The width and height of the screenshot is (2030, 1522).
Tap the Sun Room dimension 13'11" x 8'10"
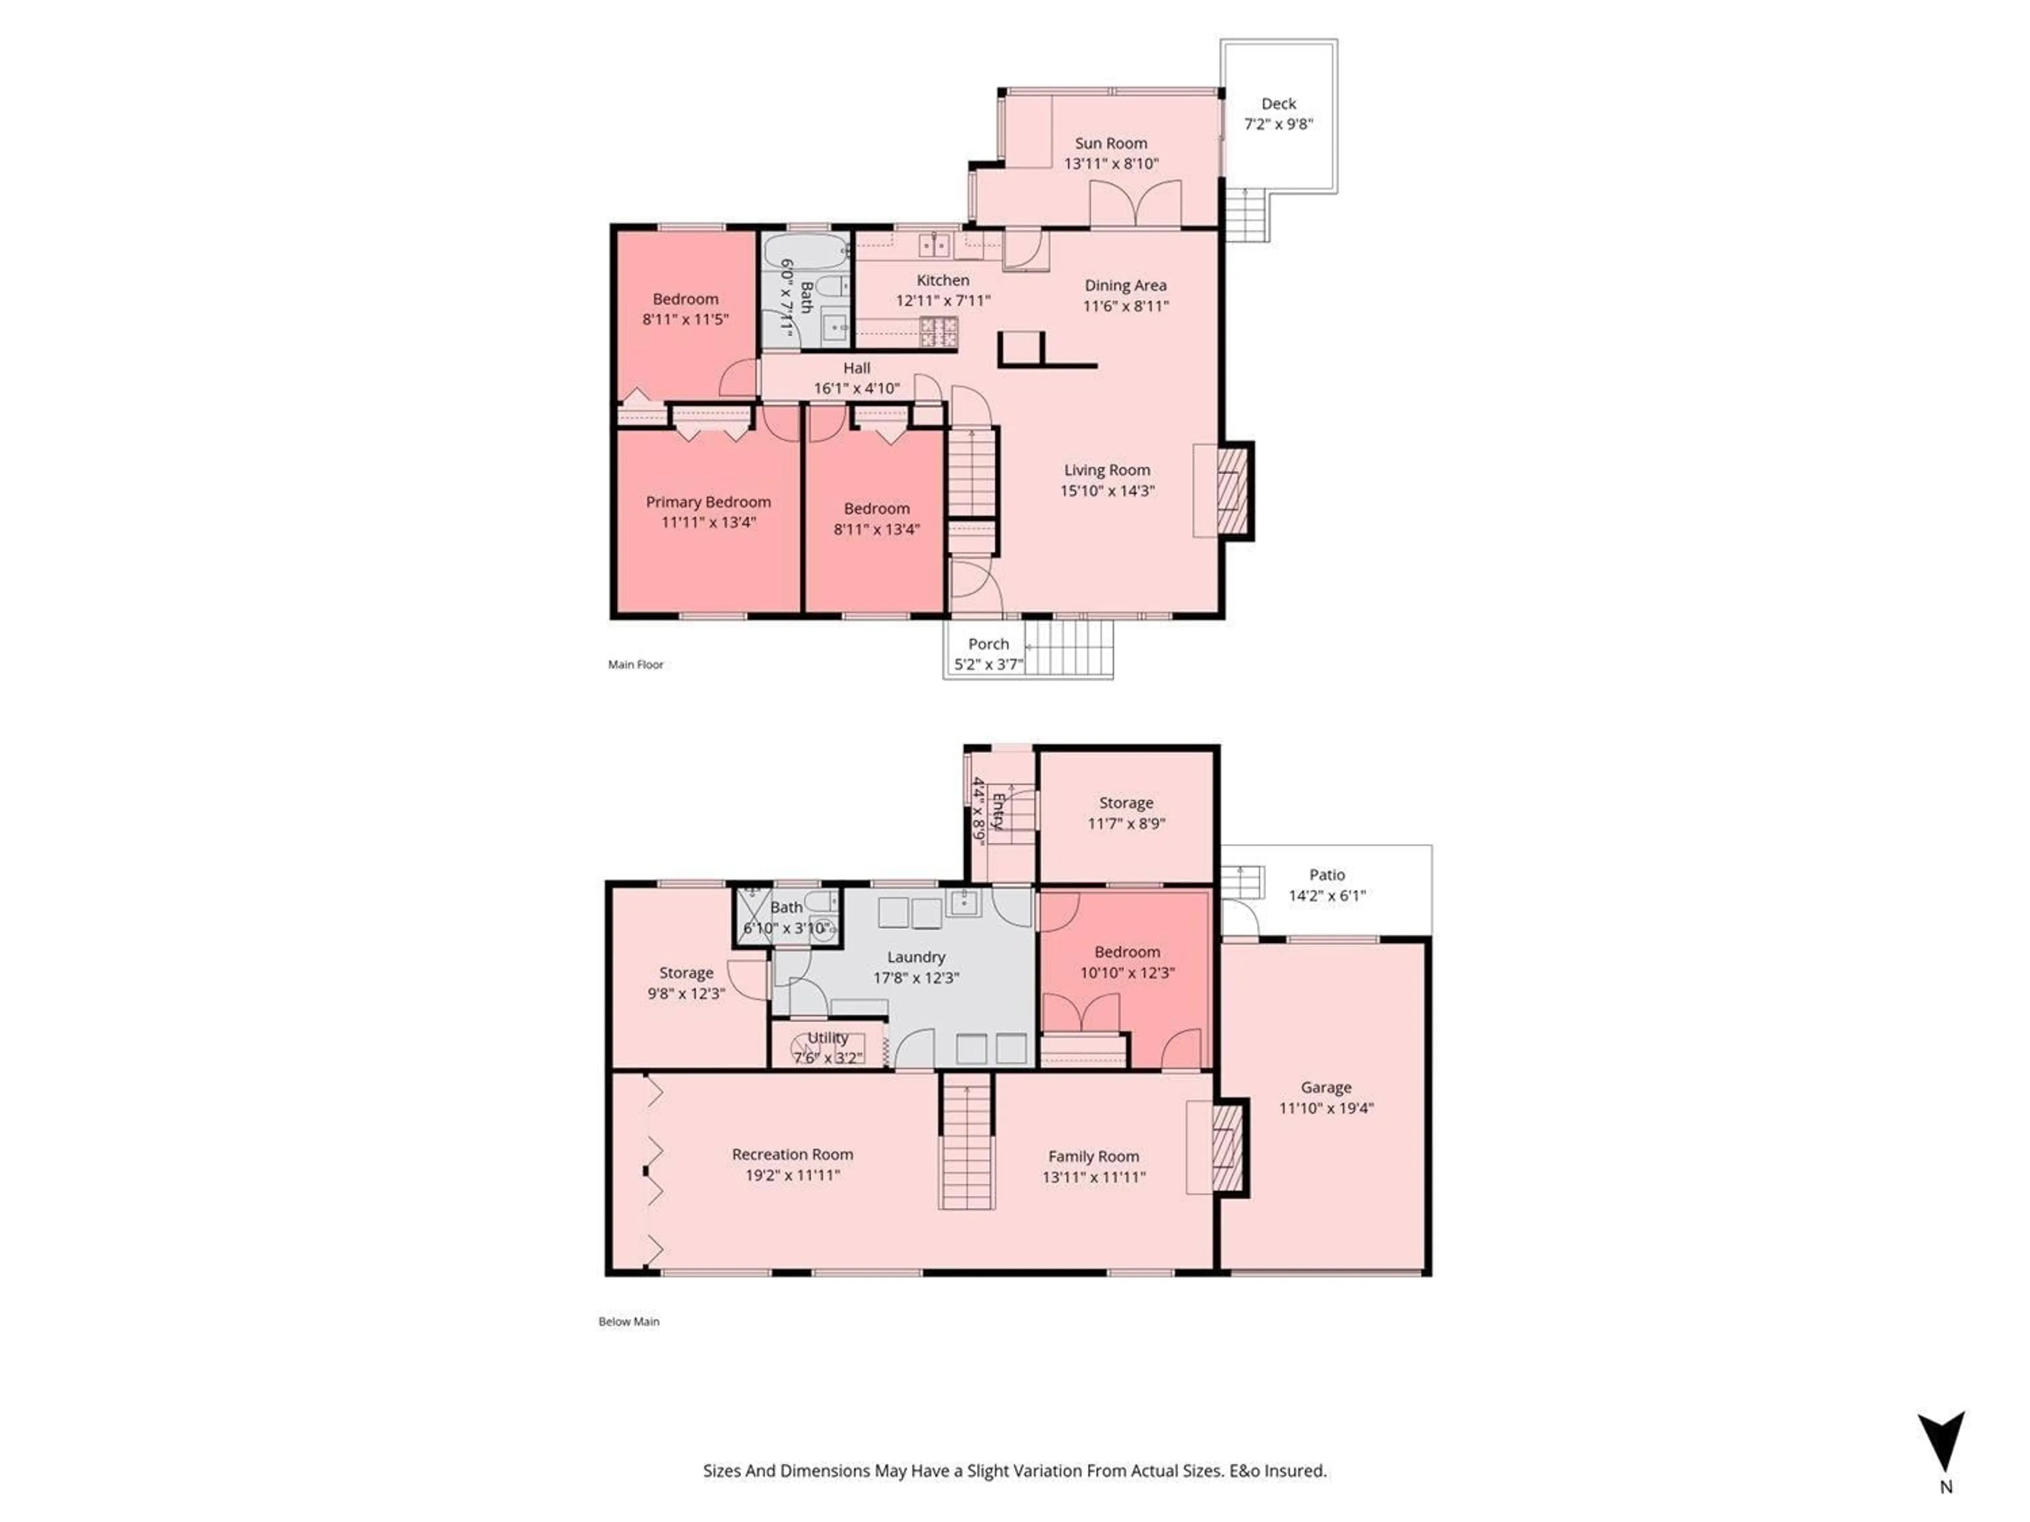pyautogui.click(x=1111, y=163)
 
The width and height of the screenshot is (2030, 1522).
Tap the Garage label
pyautogui.click(x=1325, y=1087)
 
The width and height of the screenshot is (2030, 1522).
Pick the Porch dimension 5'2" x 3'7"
pyautogui.click(x=989, y=664)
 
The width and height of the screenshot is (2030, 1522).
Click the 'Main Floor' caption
pyautogui.click(x=635, y=664)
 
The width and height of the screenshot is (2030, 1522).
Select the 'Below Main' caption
pyautogui.click(x=629, y=1321)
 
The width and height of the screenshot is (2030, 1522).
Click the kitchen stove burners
pyautogui.click(x=939, y=332)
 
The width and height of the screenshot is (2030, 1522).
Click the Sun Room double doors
pyautogui.click(x=1134, y=203)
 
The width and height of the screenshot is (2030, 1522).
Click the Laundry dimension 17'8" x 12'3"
pyautogui.click(x=916, y=978)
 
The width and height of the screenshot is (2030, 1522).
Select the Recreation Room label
pyautogui.click(x=792, y=1154)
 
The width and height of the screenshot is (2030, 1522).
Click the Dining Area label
pyautogui.click(x=1125, y=285)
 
